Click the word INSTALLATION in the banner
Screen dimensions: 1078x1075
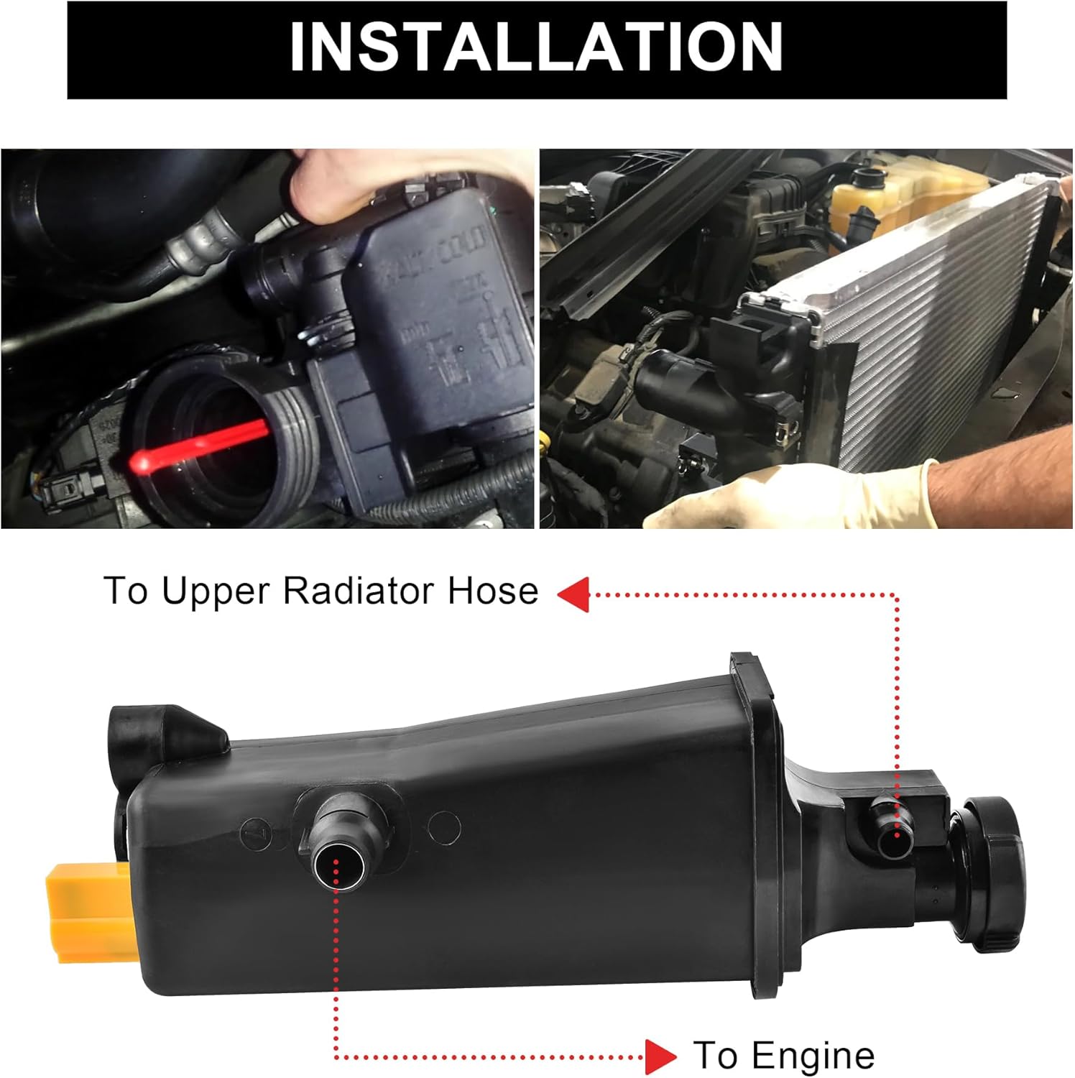pyautogui.click(x=536, y=47)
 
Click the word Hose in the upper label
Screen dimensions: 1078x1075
pyautogui.click(x=493, y=591)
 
